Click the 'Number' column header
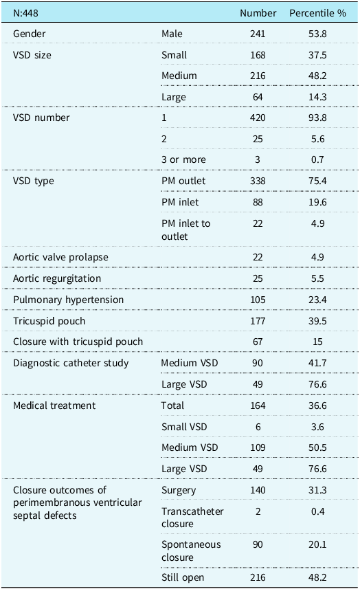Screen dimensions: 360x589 click(258, 13)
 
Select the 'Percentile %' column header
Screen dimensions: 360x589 click(317, 13)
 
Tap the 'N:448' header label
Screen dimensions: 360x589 click(25, 13)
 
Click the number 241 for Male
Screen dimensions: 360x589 click(258, 34)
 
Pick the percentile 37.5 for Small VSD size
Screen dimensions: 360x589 click(317, 55)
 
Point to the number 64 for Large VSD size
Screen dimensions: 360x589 click(258, 97)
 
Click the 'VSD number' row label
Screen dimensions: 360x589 click(41, 118)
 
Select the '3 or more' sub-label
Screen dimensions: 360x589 click(183, 159)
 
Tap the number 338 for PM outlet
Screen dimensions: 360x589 click(258, 181)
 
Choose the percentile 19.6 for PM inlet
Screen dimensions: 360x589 click(317, 202)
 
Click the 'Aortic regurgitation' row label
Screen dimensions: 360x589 click(57, 278)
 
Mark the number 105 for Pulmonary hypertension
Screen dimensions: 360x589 click(258, 300)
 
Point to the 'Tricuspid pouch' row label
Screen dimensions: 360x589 click(49, 321)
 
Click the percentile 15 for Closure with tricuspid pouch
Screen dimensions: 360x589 click(317, 342)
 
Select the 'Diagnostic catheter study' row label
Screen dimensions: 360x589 click(71, 364)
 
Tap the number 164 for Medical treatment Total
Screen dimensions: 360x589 click(258, 405)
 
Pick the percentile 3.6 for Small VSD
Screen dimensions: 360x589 click(317, 427)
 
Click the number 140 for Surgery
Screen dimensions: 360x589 click(258, 490)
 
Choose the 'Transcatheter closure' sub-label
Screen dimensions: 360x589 click(192, 518)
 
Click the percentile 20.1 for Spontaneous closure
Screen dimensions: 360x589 click(317, 544)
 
